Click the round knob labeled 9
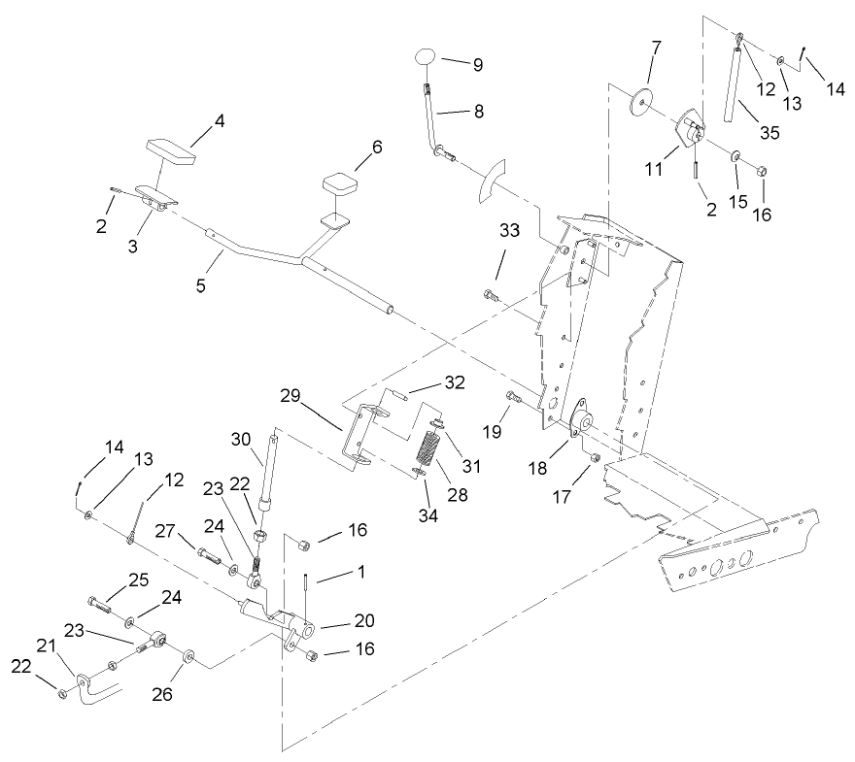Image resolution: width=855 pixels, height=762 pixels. coord(425,56)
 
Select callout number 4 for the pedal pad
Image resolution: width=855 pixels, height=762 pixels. coord(220,123)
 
